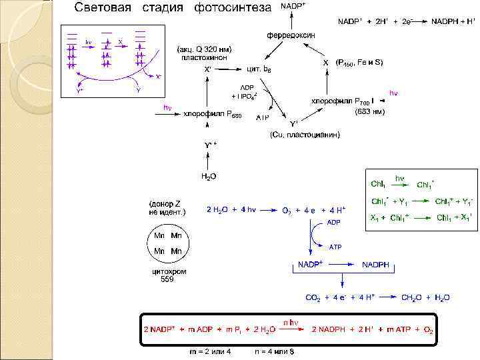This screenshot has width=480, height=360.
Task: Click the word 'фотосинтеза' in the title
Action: [233, 8]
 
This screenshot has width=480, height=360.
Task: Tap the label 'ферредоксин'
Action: [291, 35]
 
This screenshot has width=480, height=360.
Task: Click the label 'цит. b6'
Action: [259, 69]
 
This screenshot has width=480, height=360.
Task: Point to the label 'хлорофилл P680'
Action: [213, 114]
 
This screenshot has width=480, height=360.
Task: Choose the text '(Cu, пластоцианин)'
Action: [305, 135]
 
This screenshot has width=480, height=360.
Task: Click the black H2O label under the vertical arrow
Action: [209, 177]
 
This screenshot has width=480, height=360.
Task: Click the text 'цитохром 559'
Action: [169, 275]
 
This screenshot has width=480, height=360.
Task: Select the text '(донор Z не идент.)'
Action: [167, 207]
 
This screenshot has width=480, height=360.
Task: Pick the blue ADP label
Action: [333, 222]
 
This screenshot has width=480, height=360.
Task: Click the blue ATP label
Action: [335, 247]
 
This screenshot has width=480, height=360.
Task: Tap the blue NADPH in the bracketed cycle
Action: [379, 265]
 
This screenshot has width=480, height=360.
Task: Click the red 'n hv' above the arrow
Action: [291, 323]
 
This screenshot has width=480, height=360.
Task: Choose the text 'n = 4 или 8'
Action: [274, 351]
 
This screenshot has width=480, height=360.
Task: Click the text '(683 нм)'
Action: [369, 111]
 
